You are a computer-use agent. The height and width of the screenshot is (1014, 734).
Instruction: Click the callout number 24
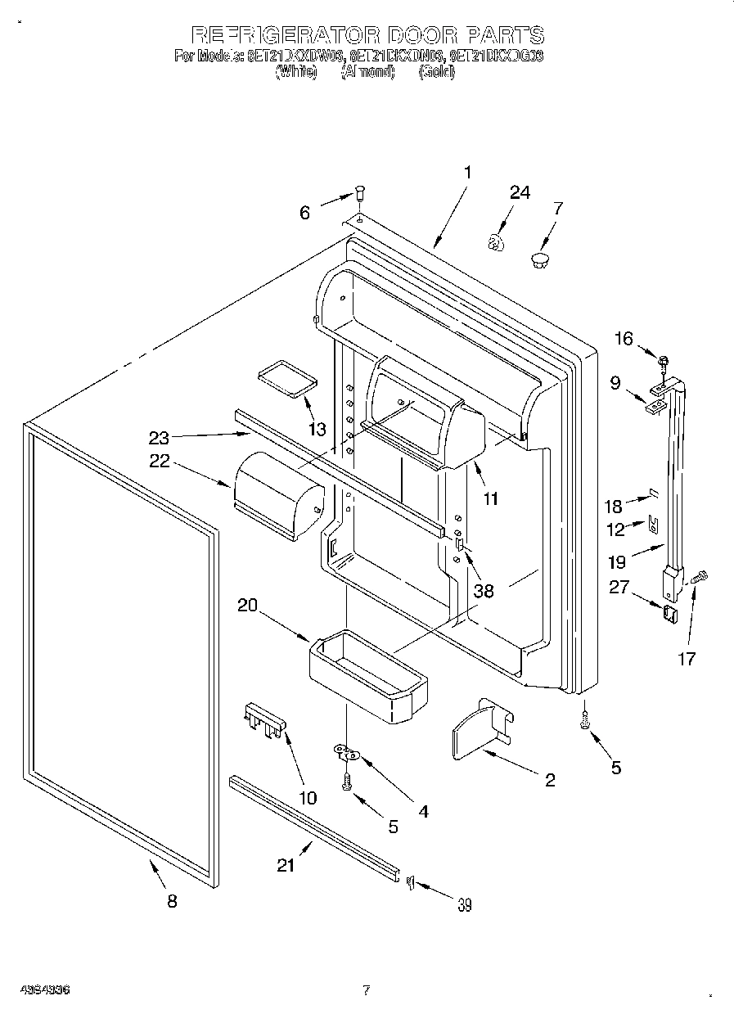pyautogui.click(x=520, y=193)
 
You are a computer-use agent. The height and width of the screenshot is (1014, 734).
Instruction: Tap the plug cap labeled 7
pyautogui.click(x=539, y=260)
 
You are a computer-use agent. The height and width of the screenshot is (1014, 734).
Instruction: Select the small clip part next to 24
pyautogui.click(x=495, y=241)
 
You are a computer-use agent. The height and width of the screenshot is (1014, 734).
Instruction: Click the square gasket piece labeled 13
pyautogui.click(x=286, y=380)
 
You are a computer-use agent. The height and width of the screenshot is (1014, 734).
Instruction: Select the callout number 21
pyautogui.click(x=285, y=865)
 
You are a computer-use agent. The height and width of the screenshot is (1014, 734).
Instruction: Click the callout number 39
pyautogui.click(x=465, y=904)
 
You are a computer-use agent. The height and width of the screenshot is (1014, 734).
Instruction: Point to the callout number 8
pyautogui.click(x=171, y=901)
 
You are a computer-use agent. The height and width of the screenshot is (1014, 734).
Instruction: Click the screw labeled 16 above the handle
pyautogui.click(x=664, y=358)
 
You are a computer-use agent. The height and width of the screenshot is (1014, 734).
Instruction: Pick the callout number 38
pyautogui.click(x=484, y=590)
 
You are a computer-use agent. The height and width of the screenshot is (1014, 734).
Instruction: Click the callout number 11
pyautogui.click(x=490, y=497)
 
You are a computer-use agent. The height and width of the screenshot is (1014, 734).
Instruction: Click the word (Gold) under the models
pyautogui.click(x=437, y=72)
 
